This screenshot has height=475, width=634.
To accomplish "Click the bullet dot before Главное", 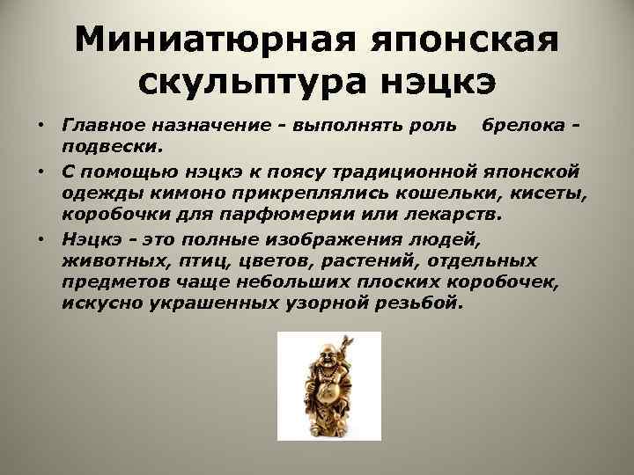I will [41, 124].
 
